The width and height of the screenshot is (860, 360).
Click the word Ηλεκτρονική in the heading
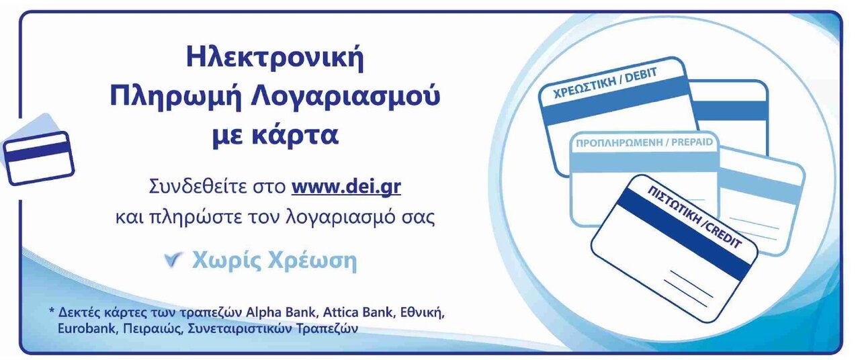(275, 58)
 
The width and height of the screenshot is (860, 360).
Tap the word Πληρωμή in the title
(175, 97)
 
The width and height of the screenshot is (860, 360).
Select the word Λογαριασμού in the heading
(345, 97)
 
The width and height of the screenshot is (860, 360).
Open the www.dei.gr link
(346, 187)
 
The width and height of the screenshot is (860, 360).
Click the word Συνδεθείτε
(217, 187)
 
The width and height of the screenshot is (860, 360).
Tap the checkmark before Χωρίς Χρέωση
(173, 260)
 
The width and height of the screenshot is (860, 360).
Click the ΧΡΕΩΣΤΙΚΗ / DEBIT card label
(605, 83)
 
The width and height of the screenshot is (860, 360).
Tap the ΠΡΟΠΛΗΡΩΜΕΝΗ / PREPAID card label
(644, 143)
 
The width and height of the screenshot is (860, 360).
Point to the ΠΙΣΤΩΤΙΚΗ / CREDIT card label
(695, 216)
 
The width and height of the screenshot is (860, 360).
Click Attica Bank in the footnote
(359, 312)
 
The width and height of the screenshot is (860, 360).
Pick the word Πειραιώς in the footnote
(153, 329)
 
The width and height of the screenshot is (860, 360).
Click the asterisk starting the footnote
(52, 310)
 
